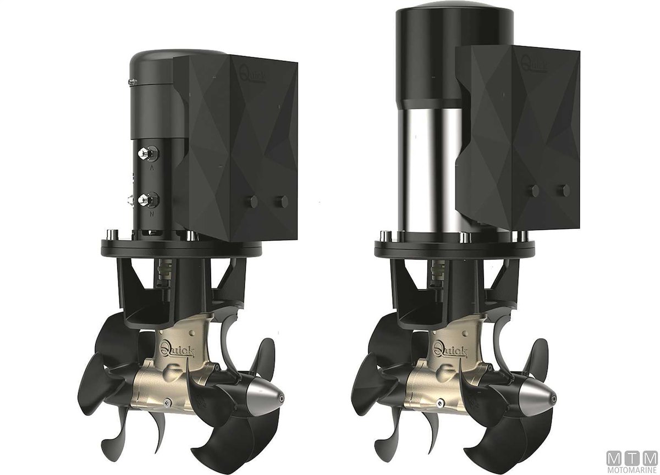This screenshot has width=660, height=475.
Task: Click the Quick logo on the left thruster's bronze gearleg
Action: [177, 351]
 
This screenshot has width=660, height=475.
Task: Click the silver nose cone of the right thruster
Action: [538, 397]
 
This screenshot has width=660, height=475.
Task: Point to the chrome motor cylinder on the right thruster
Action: [430, 171]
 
